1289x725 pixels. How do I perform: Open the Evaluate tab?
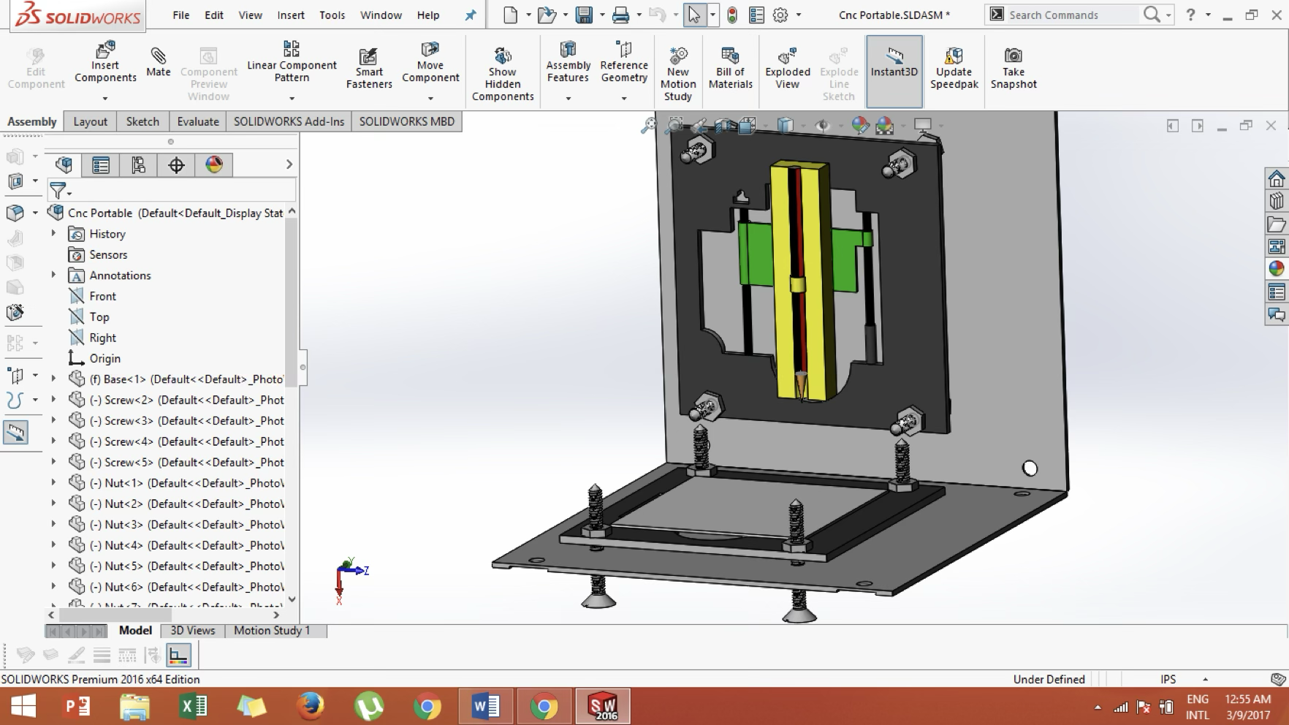(197, 121)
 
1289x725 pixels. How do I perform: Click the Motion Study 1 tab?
(272, 630)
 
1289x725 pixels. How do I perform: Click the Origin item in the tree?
(104, 358)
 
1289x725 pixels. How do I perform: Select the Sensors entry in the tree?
(108, 254)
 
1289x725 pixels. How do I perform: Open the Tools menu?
(332, 15)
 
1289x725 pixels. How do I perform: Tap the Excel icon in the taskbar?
(193, 706)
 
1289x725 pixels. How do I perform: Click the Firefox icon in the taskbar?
(310, 706)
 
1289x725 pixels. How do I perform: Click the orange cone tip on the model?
(802, 382)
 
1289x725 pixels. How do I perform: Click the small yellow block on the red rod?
(798, 284)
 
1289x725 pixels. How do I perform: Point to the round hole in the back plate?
(1030, 468)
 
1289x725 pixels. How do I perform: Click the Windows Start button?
(23, 706)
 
